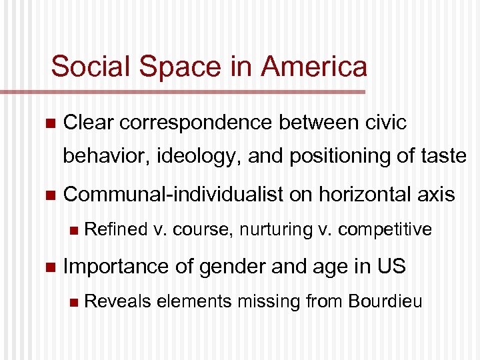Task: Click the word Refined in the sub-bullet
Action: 116,230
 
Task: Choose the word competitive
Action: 385,230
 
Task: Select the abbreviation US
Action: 390,266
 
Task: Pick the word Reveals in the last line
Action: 118,301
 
